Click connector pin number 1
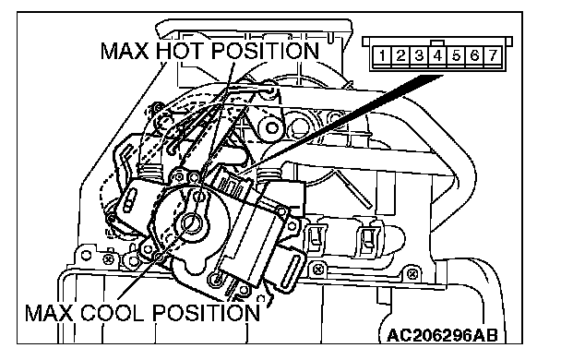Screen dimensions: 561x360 (x=383, y=55)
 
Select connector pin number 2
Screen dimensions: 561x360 (x=400, y=55)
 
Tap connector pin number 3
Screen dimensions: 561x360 (x=419, y=55)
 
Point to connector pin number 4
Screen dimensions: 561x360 (x=437, y=55)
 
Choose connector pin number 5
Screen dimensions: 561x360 (x=456, y=55)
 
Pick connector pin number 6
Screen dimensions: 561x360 (x=474, y=55)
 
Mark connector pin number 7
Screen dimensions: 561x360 (x=493, y=55)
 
